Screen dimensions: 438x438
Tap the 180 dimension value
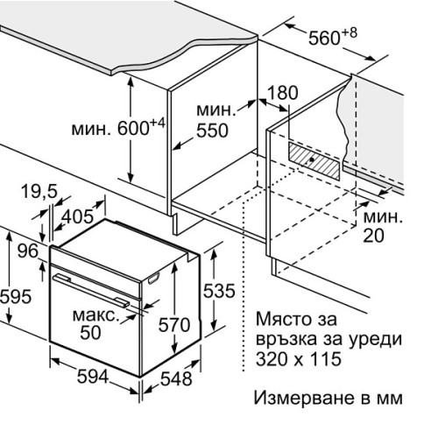point(283,93)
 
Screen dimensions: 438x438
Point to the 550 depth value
point(212,131)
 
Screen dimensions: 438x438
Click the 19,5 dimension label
point(39,192)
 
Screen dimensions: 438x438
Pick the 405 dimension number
point(78,217)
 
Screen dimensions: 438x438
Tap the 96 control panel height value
point(28,251)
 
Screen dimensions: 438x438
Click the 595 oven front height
point(16,297)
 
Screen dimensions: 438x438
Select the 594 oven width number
point(93,377)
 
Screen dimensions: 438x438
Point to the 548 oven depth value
point(176,378)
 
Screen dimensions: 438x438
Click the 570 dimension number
point(174,325)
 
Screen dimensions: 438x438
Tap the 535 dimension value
point(219,291)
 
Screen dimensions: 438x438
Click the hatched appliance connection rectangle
point(314,161)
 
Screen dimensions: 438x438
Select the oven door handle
point(91,291)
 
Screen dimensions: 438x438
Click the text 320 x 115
point(299,358)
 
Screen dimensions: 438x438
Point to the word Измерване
point(305,398)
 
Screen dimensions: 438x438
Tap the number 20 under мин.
point(373,236)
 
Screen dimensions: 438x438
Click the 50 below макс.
point(90,332)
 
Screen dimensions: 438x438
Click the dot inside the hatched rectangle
point(312,159)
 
